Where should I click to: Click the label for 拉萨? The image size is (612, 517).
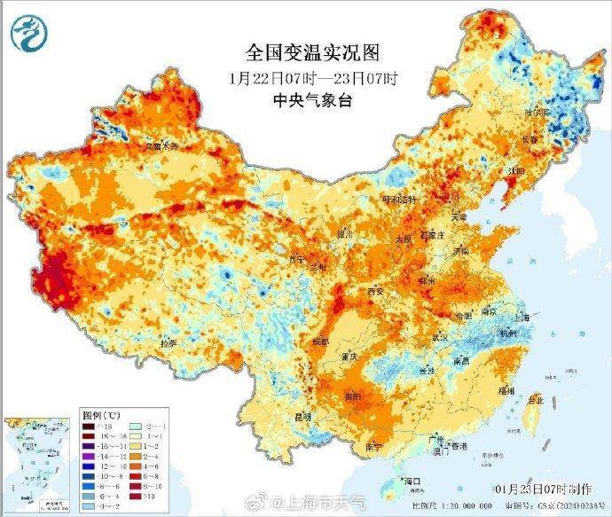[x=168, y=343]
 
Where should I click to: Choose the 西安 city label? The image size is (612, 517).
[x=373, y=292]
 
